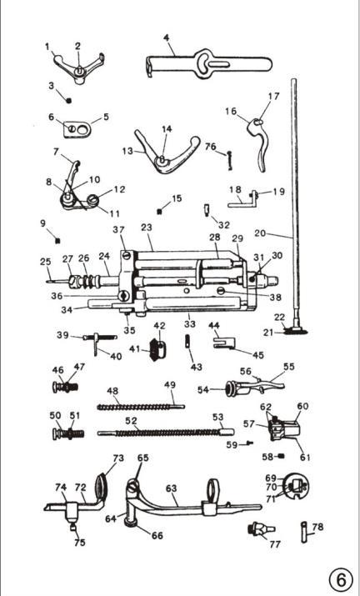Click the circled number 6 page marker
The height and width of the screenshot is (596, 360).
point(339,580)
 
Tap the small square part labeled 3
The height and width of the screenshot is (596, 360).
point(69,101)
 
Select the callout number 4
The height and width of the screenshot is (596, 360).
point(167,38)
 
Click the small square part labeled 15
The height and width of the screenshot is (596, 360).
point(159,212)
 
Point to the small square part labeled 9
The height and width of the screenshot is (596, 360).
point(57,241)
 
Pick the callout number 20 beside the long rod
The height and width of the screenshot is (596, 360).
point(260,233)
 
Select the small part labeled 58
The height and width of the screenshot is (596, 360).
point(282,456)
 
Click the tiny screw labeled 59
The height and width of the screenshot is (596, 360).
point(249,442)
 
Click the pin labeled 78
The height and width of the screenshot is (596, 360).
point(305,532)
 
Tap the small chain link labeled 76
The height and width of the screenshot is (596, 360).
point(230,159)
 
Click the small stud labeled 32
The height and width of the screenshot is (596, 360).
point(207,209)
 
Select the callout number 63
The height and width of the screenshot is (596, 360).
point(172,488)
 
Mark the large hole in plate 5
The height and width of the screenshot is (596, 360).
point(82,130)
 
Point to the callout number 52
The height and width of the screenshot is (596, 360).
point(131,421)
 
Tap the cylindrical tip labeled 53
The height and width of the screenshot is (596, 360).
point(227,432)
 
